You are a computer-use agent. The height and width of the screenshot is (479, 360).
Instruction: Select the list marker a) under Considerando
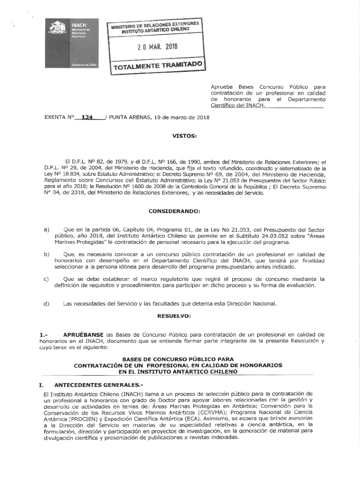pos(46,230)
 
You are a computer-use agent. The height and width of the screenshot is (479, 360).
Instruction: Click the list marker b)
pos(46,254)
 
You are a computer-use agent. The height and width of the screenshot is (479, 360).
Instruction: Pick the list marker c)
pos(46,279)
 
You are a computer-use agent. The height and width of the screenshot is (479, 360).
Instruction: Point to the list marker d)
pos(46,304)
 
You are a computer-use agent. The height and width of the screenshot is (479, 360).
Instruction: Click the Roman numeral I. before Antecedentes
pos(42,385)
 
